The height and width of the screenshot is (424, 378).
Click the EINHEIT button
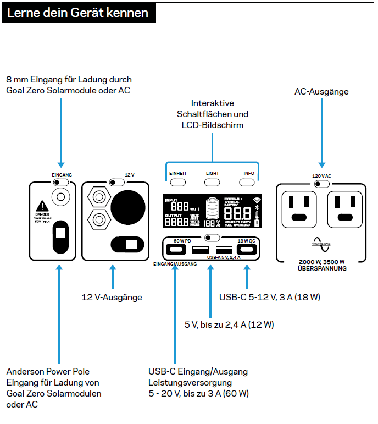(x=177, y=173)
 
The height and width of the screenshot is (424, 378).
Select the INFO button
(x=249, y=173)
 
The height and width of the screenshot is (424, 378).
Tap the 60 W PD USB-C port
(x=180, y=250)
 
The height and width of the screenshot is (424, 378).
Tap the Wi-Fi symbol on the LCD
(x=257, y=200)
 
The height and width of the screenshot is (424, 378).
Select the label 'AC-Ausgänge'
(x=321, y=92)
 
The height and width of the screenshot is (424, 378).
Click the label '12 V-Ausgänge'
(x=112, y=297)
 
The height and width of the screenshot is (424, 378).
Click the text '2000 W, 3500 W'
(x=321, y=261)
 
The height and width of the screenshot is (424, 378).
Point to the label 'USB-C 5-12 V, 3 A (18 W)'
(x=270, y=297)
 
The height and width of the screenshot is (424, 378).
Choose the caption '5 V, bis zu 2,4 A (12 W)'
(x=229, y=324)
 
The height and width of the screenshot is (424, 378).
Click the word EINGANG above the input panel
(x=62, y=174)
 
